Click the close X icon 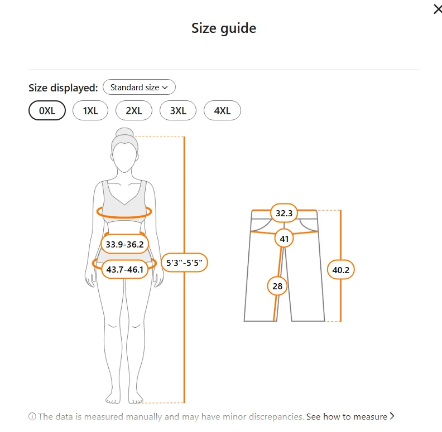click(438, 9)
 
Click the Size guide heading click(224, 28)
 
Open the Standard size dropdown click(139, 88)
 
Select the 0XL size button click(47, 110)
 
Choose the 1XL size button click(90, 110)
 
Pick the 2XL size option click(134, 110)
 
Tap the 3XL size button click(178, 110)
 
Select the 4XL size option click(222, 110)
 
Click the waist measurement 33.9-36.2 click(124, 244)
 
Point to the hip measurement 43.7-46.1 click(124, 269)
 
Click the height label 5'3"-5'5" click(184, 263)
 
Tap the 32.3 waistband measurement click(284, 213)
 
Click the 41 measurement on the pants click(284, 239)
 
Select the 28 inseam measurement click(277, 286)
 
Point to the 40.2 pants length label click(340, 270)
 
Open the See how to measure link click(350, 416)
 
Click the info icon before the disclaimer click(32, 416)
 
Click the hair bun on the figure click(124, 132)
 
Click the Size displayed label click(63, 88)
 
